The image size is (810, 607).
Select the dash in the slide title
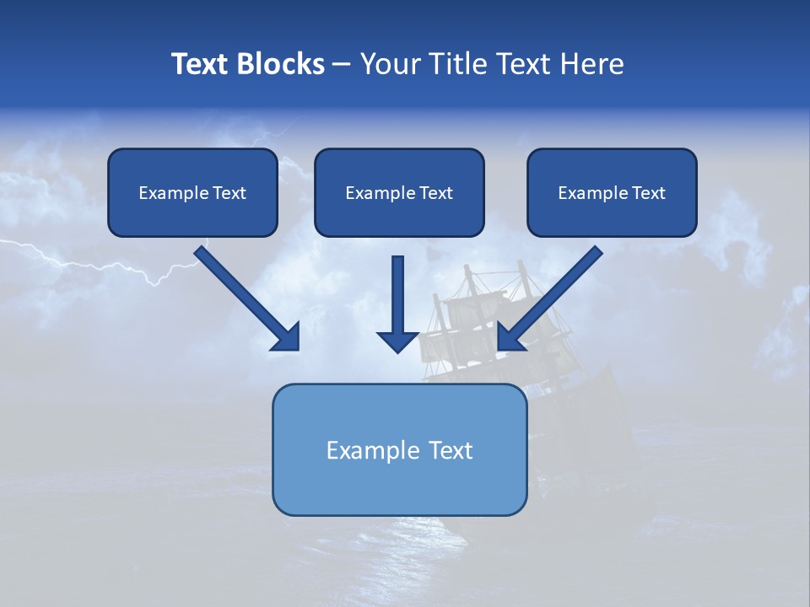[x=342, y=65]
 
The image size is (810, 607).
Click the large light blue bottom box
[x=399, y=489]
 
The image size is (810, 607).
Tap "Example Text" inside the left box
[x=192, y=193]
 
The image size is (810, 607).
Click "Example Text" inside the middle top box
[x=399, y=193]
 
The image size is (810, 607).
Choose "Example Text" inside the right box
[x=612, y=193]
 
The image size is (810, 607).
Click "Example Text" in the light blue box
[x=399, y=450]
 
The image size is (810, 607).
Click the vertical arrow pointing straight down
[x=397, y=295]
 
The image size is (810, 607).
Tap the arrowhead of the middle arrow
[x=397, y=341]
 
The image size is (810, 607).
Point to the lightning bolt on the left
[x=101, y=263]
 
